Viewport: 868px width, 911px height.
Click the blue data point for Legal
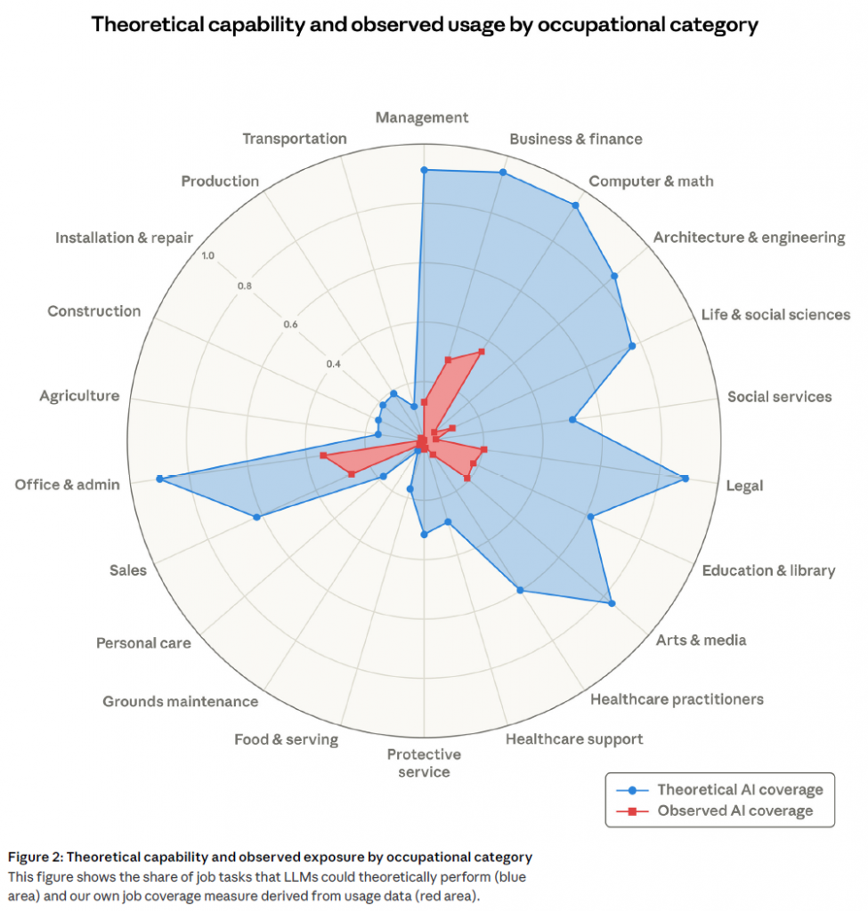685,479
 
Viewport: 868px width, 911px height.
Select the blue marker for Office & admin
159,479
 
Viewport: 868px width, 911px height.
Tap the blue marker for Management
424,170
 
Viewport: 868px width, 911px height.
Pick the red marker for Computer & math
482,351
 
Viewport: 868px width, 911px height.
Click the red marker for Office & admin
323,455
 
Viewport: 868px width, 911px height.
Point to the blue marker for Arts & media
612,604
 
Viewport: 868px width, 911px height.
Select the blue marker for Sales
257,517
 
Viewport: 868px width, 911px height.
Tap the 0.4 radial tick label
332,364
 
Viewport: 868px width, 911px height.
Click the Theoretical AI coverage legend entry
740,789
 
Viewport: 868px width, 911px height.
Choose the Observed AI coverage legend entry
734,810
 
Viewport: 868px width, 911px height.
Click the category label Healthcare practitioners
677,698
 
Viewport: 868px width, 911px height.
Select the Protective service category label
424,762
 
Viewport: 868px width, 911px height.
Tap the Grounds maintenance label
180,701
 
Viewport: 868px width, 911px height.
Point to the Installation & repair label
123,238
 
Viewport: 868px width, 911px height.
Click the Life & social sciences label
775,314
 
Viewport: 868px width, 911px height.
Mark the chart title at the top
425,24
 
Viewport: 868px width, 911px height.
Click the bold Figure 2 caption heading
271,857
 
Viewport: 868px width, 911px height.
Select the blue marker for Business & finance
503,173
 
